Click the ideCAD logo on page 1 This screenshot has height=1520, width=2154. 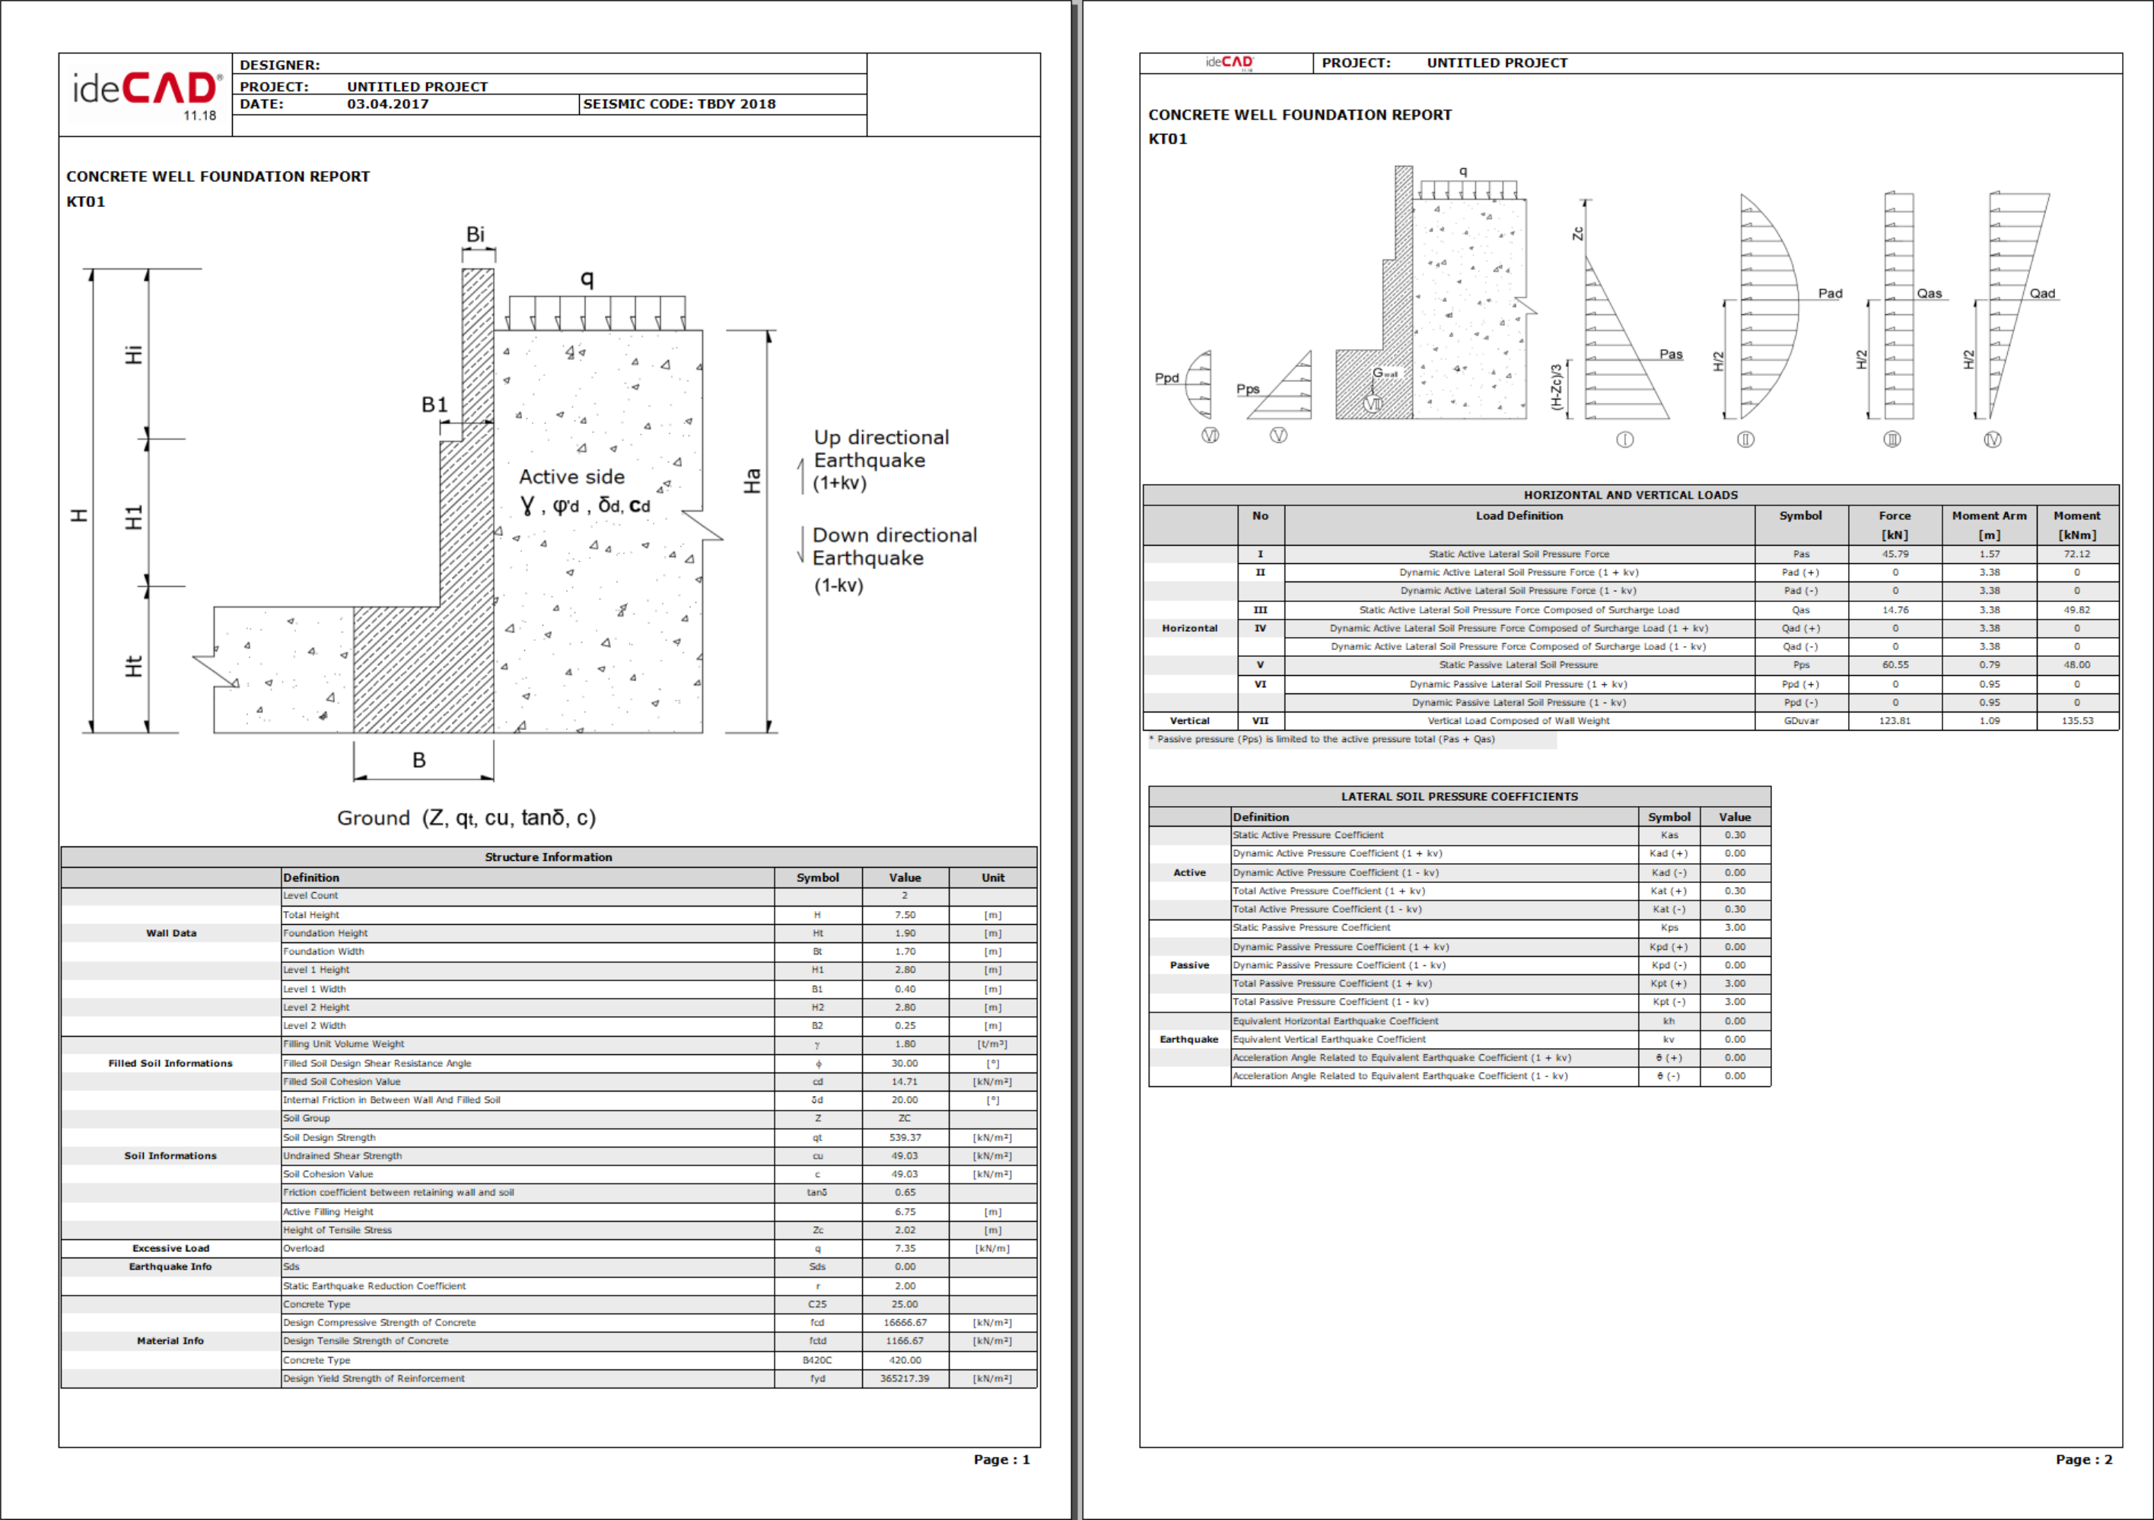[146, 91]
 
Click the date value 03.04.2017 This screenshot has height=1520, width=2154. [387, 104]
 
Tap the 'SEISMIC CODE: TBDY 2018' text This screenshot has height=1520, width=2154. [679, 104]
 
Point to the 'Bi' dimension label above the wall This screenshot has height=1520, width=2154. [476, 234]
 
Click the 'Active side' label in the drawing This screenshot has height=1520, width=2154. [571, 476]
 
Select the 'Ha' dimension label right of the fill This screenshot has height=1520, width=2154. [752, 481]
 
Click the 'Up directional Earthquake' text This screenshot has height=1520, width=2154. [880, 449]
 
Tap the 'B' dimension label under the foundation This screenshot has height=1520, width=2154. [419, 760]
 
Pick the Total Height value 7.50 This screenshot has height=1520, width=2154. [905, 915]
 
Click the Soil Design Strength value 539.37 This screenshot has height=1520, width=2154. [905, 1137]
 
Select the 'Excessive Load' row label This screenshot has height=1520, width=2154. [170, 1248]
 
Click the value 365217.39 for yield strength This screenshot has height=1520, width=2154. [905, 1378]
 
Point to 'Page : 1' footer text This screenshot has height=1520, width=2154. [1001, 1459]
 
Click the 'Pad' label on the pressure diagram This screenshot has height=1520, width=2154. [1829, 294]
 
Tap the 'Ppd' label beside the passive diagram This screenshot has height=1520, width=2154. [1166, 378]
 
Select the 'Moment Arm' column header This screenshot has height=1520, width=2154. [1989, 516]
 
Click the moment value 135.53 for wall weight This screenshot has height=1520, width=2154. [2077, 721]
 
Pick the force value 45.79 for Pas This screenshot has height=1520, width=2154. [1894, 555]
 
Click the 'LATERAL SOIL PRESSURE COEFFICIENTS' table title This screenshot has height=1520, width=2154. [1459, 797]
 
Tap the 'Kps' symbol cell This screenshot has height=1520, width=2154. [1669, 927]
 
